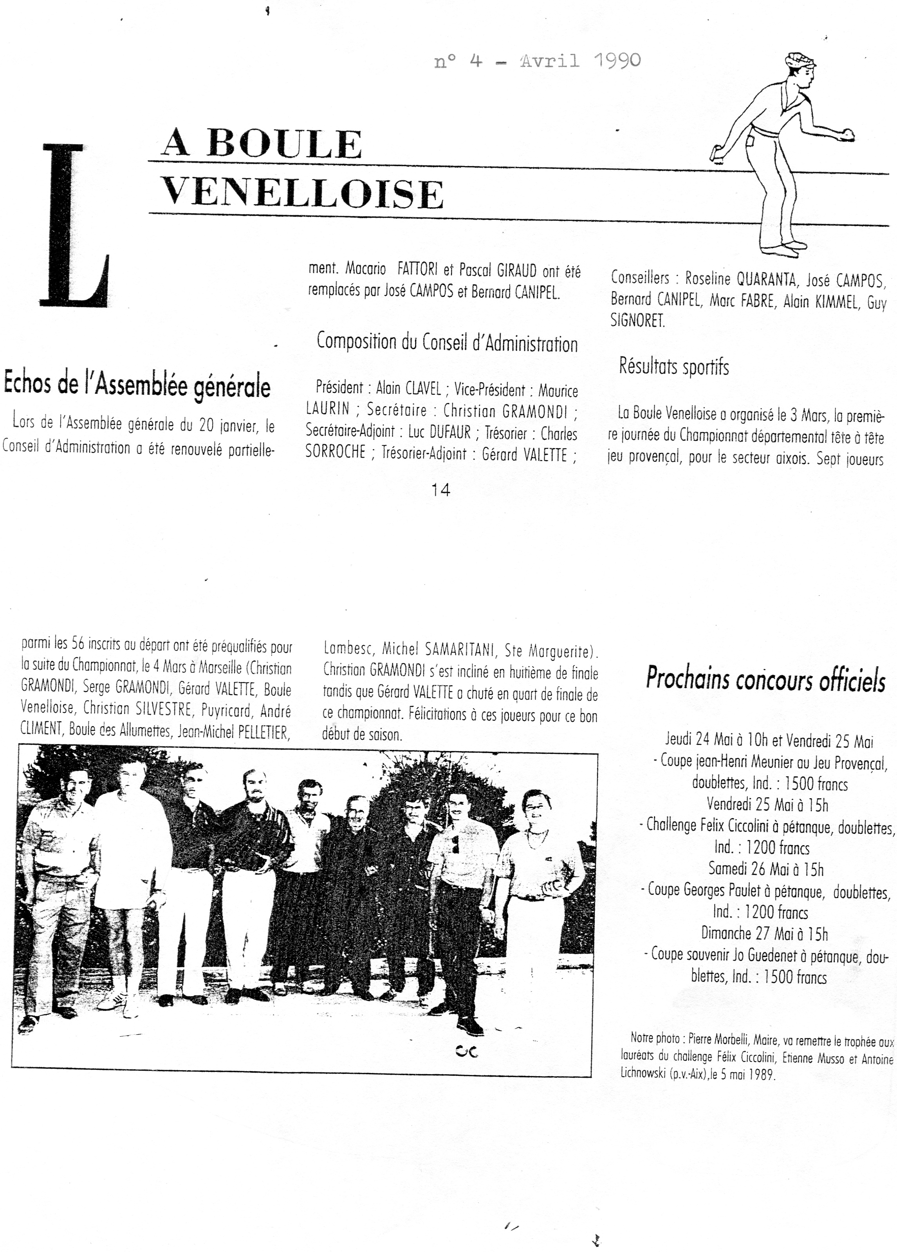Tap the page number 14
(x=440, y=490)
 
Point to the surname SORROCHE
(x=335, y=453)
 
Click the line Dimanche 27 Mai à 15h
(x=765, y=934)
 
